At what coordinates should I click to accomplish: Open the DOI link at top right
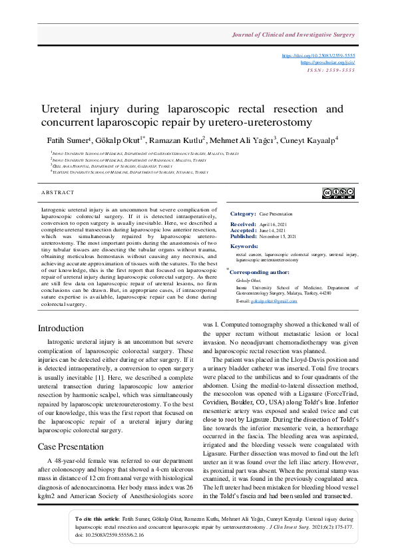point(329,56)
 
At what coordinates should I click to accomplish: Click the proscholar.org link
point(338,62)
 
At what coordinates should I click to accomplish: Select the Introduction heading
point(61,328)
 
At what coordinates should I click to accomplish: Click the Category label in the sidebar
point(243,213)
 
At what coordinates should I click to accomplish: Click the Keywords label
point(244,246)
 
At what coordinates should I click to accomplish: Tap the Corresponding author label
point(260,271)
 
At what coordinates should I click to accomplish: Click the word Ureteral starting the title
point(64,108)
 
